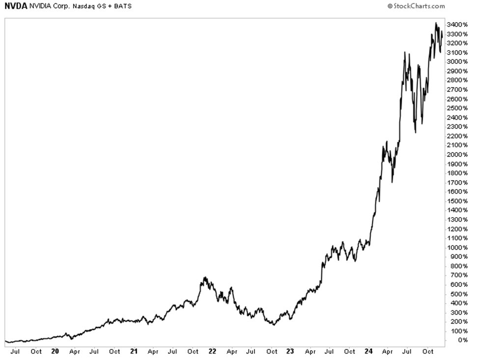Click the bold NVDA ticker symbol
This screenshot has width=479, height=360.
[15, 6]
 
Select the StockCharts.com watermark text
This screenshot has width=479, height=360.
[419, 6]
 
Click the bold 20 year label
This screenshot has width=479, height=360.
[55, 352]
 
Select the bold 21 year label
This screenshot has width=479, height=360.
[133, 352]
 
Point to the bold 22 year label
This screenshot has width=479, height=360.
[212, 352]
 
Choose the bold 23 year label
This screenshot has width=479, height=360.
[290, 352]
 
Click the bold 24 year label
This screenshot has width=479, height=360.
[368, 352]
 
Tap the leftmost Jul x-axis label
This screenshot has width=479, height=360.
[15, 352]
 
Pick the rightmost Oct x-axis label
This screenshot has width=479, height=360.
[427, 352]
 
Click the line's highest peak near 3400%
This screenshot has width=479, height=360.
[436, 23]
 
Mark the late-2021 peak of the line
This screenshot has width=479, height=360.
[205, 277]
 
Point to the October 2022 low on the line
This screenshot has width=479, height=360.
[274, 325]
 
